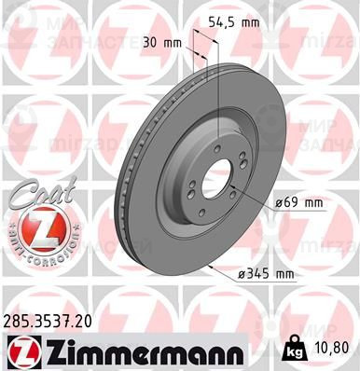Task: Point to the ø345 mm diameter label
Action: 265,273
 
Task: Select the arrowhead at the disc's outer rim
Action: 212,267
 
